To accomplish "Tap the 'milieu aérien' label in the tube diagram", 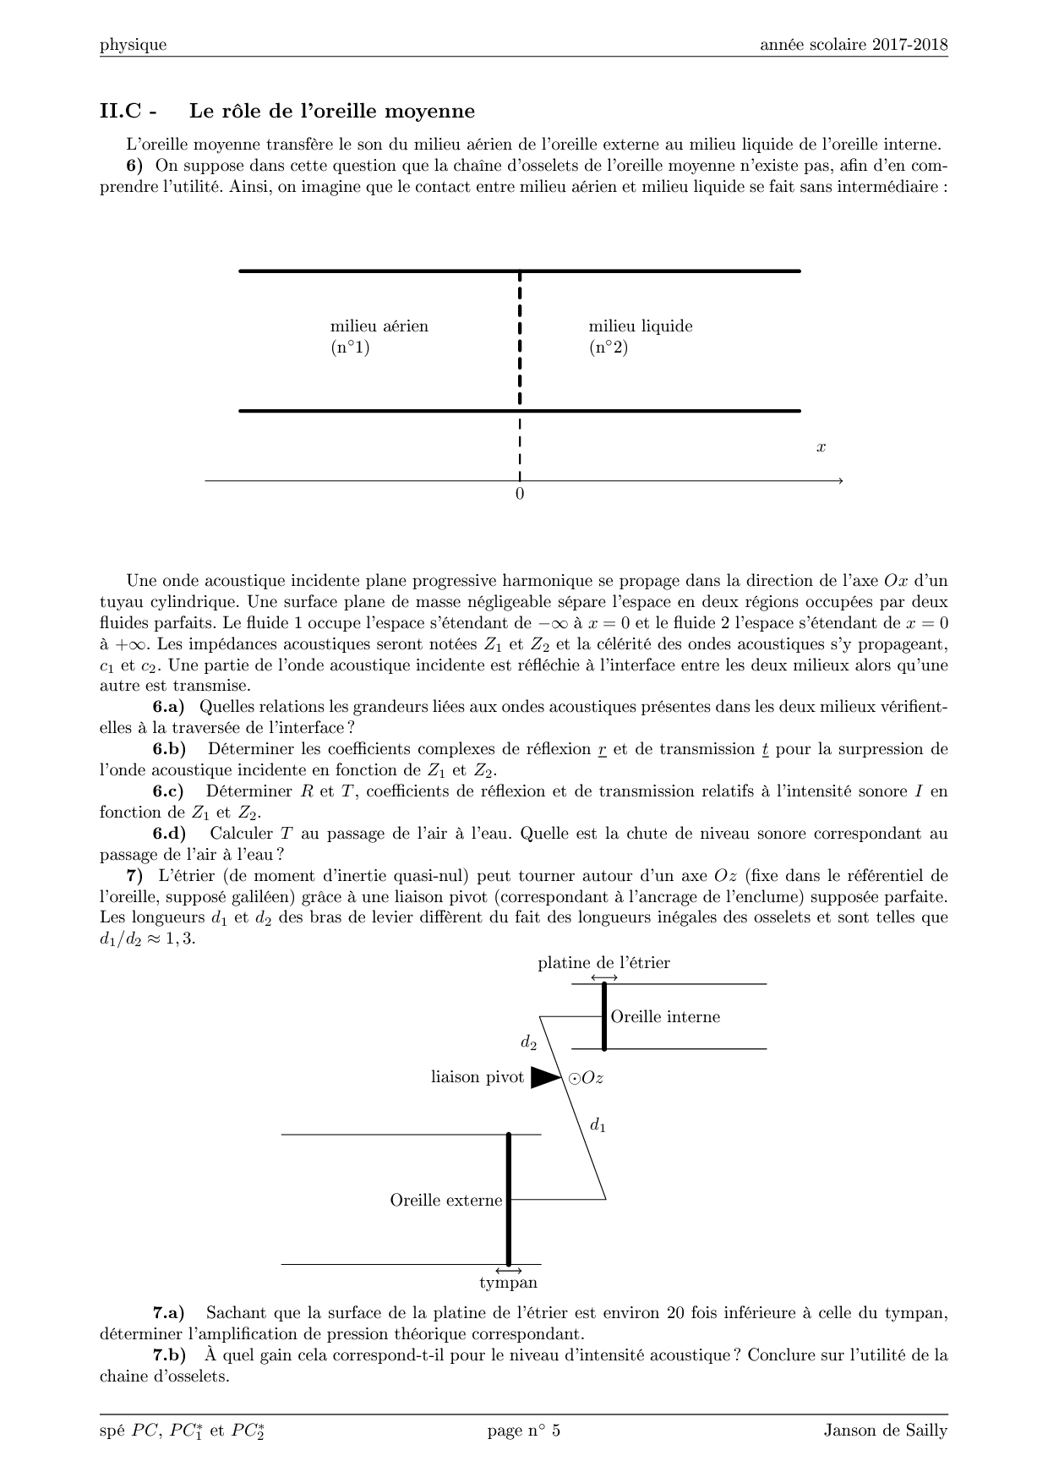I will [379, 326].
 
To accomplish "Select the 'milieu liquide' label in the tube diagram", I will [640, 326].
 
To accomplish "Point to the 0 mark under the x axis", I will [520, 495].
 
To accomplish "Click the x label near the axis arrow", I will [821, 447].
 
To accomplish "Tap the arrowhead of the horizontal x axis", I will [839, 481].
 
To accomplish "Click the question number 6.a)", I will [168, 706].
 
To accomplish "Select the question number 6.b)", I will [169, 748].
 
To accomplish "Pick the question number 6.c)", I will [168, 791].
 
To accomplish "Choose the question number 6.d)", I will [169, 833].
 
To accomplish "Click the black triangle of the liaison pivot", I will [545, 1077].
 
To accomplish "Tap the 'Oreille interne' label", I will [665, 1016].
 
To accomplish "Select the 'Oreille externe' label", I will [445, 1201].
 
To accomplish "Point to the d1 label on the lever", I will [598, 1125].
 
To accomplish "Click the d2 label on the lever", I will [529, 1043].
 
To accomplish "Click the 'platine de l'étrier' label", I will [603, 963].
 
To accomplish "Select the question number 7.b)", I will [169, 1354].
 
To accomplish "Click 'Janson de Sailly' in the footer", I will [885, 1431].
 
